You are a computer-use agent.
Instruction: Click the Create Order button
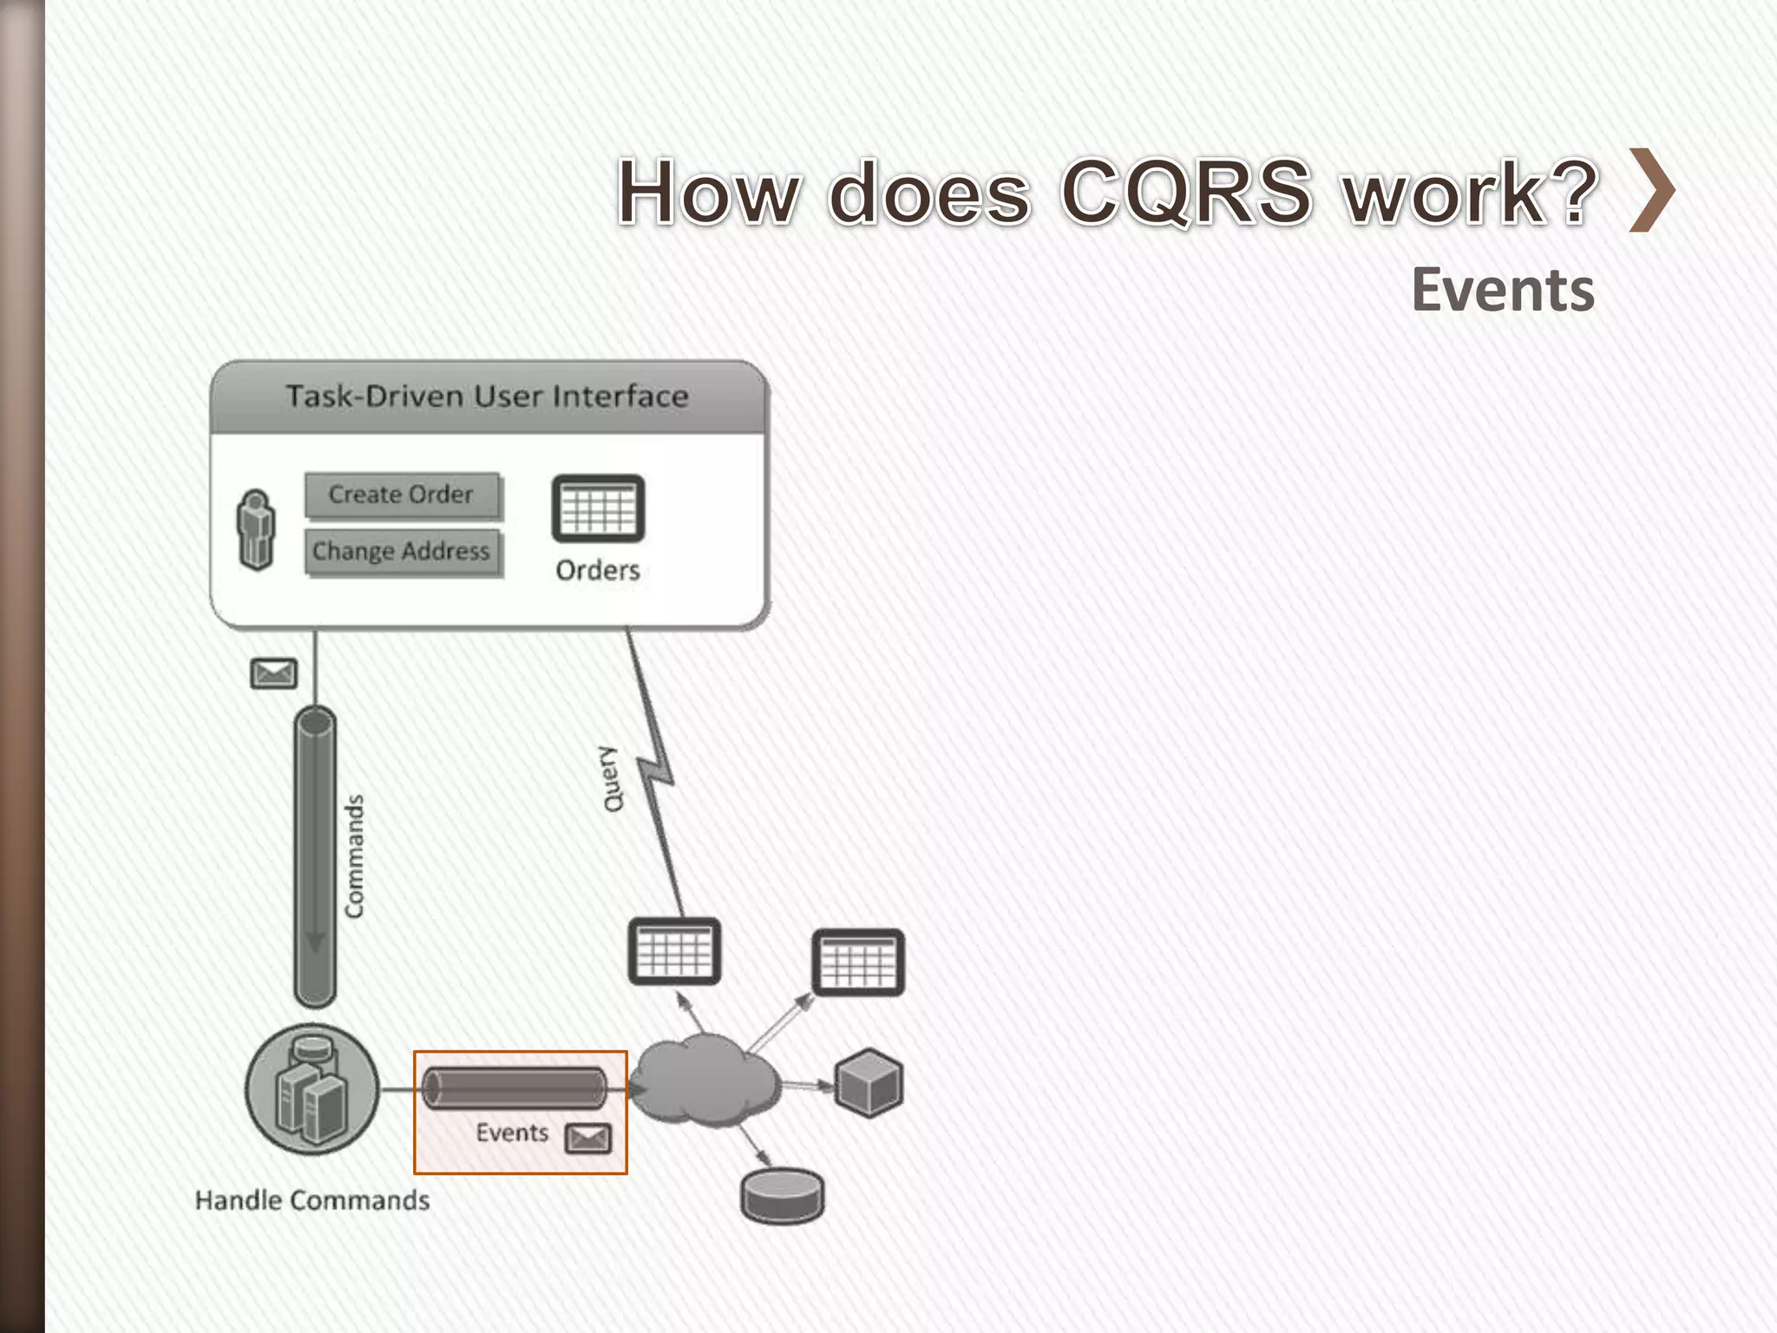pyautogui.click(x=402, y=495)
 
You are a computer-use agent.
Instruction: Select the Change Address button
pyautogui.click(x=402, y=552)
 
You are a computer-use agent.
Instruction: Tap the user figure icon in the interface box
pyautogui.click(x=256, y=530)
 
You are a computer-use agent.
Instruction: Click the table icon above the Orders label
pyautogui.click(x=598, y=509)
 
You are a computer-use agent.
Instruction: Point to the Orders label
pyautogui.click(x=598, y=570)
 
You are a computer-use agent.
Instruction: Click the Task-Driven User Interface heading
pyautogui.click(x=488, y=397)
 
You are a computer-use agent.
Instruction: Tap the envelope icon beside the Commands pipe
pyautogui.click(x=273, y=673)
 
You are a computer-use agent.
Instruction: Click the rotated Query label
pyautogui.click(x=613, y=778)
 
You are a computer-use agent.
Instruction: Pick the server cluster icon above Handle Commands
pyautogui.click(x=312, y=1090)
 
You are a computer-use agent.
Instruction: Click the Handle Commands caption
pyautogui.click(x=312, y=1200)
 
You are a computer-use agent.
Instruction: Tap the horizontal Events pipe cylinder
pyautogui.click(x=514, y=1088)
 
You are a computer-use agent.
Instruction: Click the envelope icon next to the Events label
pyautogui.click(x=588, y=1138)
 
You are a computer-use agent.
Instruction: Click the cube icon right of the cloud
pyautogui.click(x=869, y=1082)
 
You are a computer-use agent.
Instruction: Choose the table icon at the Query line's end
pyautogui.click(x=674, y=951)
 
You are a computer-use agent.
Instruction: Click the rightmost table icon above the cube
pyautogui.click(x=858, y=962)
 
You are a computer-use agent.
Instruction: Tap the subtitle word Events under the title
pyautogui.click(x=1503, y=290)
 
